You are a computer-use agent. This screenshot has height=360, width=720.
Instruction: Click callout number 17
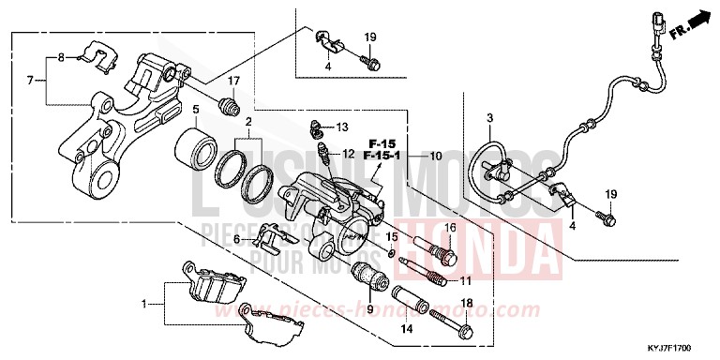[233, 80]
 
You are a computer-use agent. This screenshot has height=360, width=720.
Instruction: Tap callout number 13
[341, 126]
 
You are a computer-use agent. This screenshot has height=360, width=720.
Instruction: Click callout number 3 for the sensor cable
[488, 117]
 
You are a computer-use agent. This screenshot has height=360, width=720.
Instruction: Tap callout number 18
[467, 305]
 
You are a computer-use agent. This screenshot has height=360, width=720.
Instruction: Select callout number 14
[407, 330]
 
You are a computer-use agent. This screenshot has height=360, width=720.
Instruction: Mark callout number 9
[369, 310]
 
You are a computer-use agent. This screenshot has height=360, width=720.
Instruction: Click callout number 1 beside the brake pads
[143, 305]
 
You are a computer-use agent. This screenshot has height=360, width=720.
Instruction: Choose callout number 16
[449, 229]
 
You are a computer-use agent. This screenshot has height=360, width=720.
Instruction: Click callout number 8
[61, 58]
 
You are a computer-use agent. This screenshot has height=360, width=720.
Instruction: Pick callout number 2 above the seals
[248, 122]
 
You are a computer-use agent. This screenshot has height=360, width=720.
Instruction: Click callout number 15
[393, 236]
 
